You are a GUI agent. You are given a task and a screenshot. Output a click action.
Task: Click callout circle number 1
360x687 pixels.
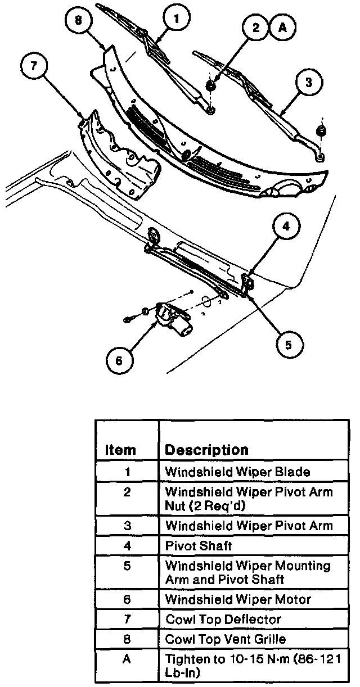(x=177, y=20)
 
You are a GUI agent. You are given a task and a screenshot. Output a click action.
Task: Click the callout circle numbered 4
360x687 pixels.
(x=286, y=227)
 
